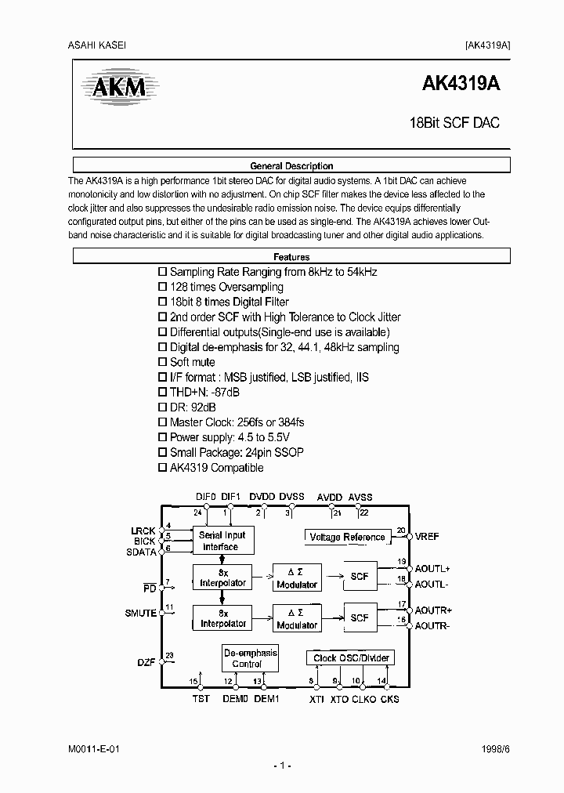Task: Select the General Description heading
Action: [291, 166]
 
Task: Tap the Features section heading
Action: [291, 257]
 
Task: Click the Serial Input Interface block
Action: [222, 541]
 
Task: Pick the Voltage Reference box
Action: [347, 537]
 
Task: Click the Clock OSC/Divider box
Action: [350, 658]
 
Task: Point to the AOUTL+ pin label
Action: [433, 569]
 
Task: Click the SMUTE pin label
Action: [140, 614]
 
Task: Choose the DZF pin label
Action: [147, 662]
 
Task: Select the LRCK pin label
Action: [143, 530]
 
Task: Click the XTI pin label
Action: [316, 698]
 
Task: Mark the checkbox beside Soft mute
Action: [163, 362]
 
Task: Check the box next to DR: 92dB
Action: [163, 407]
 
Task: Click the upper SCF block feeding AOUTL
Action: [360, 576]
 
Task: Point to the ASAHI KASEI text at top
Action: [92, 45]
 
